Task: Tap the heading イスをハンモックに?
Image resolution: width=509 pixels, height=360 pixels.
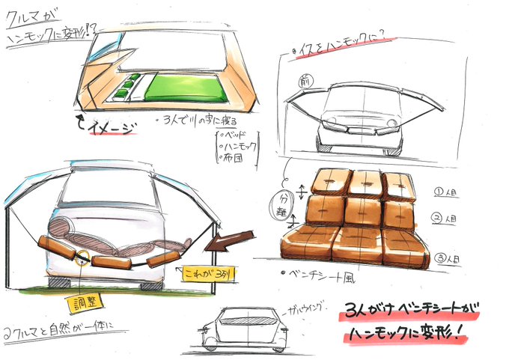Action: [340, 51]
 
